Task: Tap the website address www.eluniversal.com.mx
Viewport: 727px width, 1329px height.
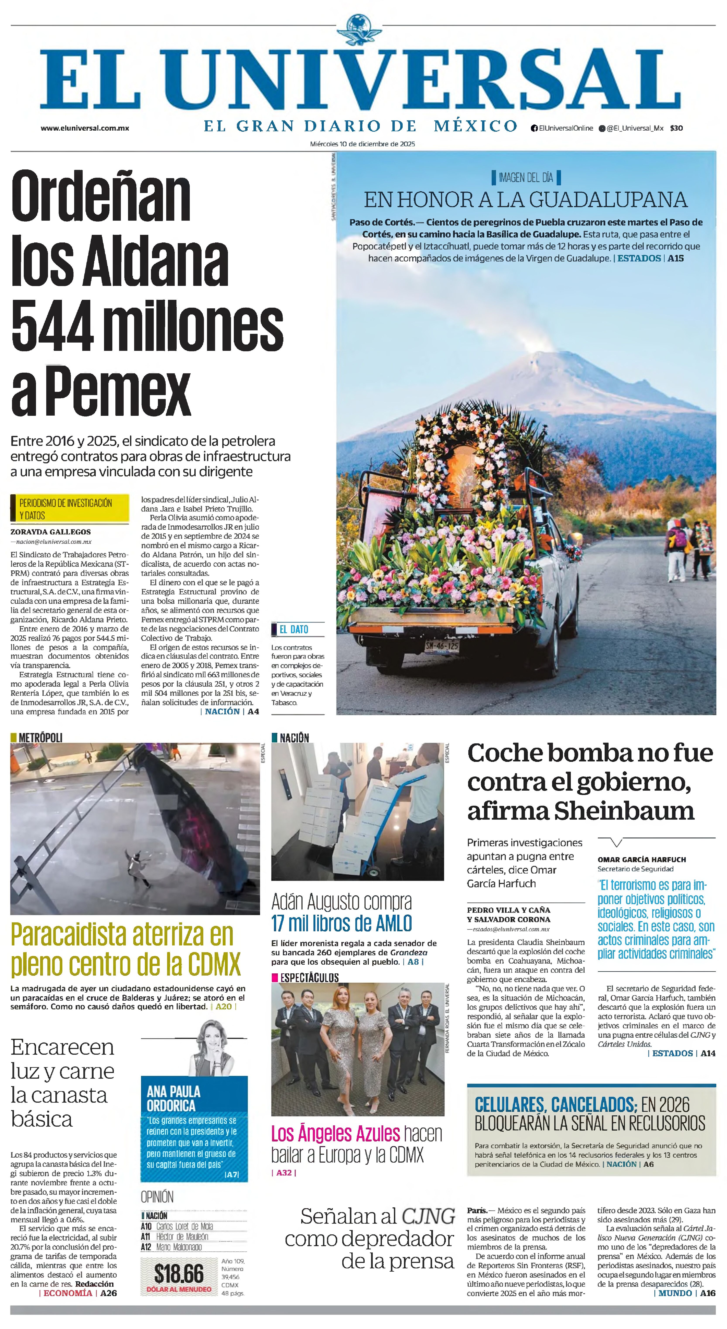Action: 85,128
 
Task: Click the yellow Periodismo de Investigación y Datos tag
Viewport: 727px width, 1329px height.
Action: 69,509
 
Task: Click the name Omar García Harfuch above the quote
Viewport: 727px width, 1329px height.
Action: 641,860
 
